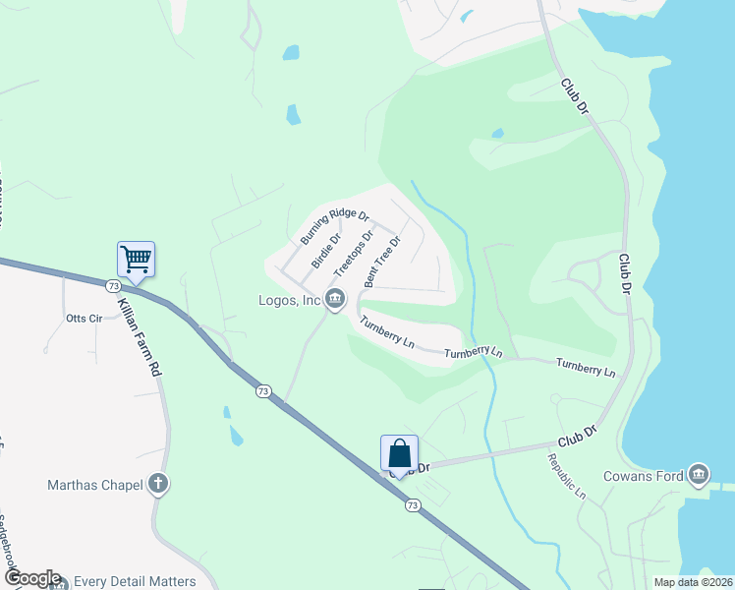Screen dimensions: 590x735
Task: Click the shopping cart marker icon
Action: click(136, 260)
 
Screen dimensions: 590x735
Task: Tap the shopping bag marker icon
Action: click(399, 454)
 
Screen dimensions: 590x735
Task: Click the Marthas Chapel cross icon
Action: click(157, 484)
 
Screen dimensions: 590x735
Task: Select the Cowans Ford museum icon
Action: click(699, 476)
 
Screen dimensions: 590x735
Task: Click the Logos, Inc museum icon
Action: click(334, 299)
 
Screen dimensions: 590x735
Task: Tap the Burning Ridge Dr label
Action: click(334, 227)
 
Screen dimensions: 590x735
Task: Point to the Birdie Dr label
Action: click(326, 251)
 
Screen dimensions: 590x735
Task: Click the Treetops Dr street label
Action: click(354, 254)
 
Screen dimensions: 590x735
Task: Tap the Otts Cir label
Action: click(84, 319)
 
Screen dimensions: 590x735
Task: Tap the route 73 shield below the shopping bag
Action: click(414, 505)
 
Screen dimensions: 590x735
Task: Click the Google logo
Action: click(31, 578)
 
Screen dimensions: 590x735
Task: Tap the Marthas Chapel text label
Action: click(94, 485)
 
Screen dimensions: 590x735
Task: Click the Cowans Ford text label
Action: click(650, 477)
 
